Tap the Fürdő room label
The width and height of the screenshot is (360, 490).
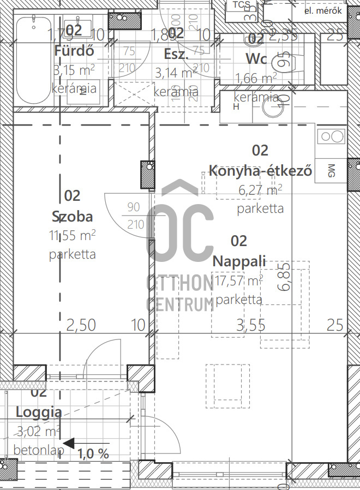pyautogui.click(x=75, y=51)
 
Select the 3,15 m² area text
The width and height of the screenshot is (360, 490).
pyautogui.click(x=74, y=70)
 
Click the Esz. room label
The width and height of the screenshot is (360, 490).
pyautogui.click(x=176, y=54)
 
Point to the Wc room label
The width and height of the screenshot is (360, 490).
pyautogui.click(x=256, y=58)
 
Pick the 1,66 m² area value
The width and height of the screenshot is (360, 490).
pyautogui.click(x=255, y=79)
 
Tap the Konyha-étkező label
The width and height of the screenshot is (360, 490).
pyautogui.click(x=260, y=171)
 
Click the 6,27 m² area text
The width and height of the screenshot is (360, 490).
pyautogui.click(x=260, y=190)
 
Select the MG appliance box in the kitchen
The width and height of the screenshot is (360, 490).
pyautogui.click(x=332, y=170)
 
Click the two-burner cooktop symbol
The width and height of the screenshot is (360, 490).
pyautogui.click(x=331, y=136)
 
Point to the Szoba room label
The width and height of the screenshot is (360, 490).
pyautogui.click(x=72, y=217)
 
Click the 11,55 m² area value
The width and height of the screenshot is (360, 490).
pyautogui.click(x=72, y=235)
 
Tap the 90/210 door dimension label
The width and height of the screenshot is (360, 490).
pyautogui.click(x=134, y=216)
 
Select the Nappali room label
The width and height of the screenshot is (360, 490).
pyautogui.click(x=239, y=261)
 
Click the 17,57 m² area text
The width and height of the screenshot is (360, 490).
pyautogui.click(x=239, y=281)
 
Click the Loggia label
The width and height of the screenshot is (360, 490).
pyautogui.click(x=38, y=412)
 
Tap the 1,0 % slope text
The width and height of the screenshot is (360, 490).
pyautogui.click(x=93, y=453)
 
